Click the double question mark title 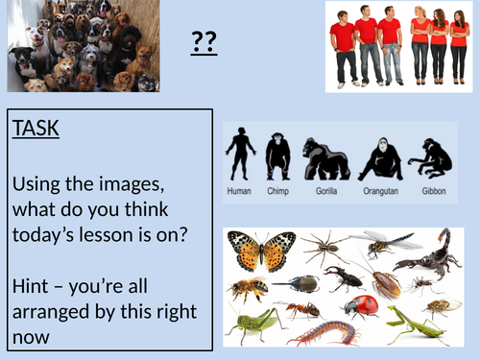pyautogui.click(x=203, y=42)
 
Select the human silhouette pyautogui.click(x=238, y=155)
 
